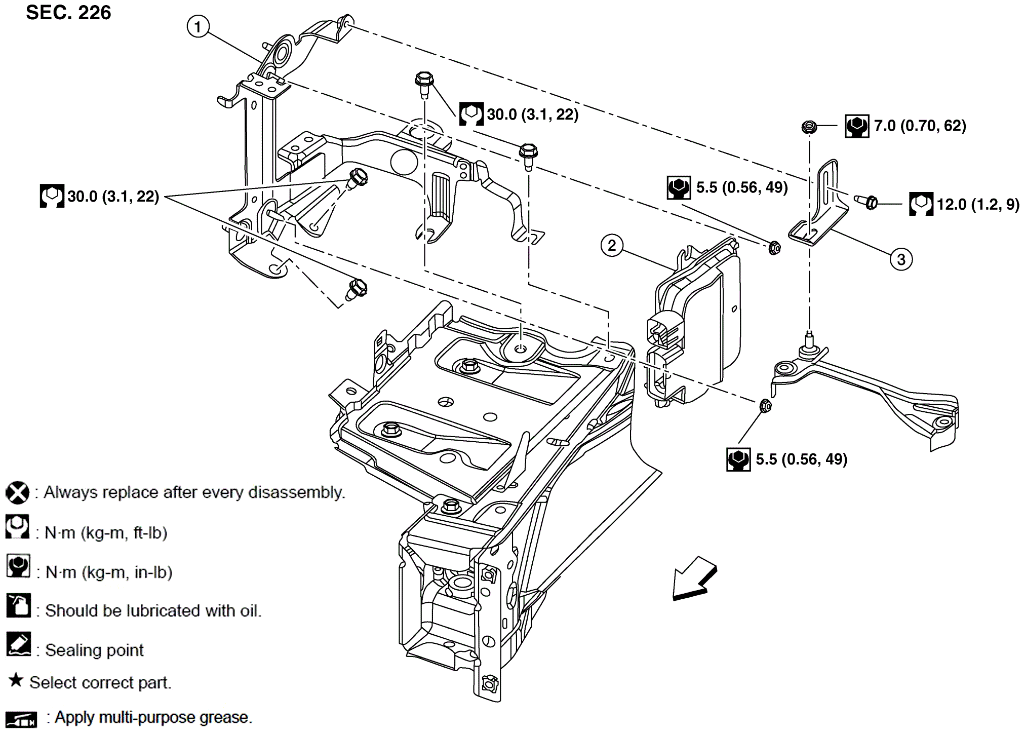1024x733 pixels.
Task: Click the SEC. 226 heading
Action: tap(68, 13)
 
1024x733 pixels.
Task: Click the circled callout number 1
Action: tap(198, 26)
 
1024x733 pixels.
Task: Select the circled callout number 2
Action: tap(611, 246)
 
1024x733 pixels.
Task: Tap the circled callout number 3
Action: tap(901, 259)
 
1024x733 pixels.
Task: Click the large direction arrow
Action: tap(693, 579)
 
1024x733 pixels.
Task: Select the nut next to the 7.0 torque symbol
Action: tap(809, 127)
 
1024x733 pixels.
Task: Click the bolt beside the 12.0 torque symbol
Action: tap(867, 202)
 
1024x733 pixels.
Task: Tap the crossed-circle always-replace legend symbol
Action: tap(17, 492)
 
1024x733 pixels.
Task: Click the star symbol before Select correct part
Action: tap(16, 680)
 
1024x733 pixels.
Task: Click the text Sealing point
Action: tap(94, 650)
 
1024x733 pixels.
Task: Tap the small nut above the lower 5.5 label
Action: tap(766, 405)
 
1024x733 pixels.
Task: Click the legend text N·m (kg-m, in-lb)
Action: tap(109, 572)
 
